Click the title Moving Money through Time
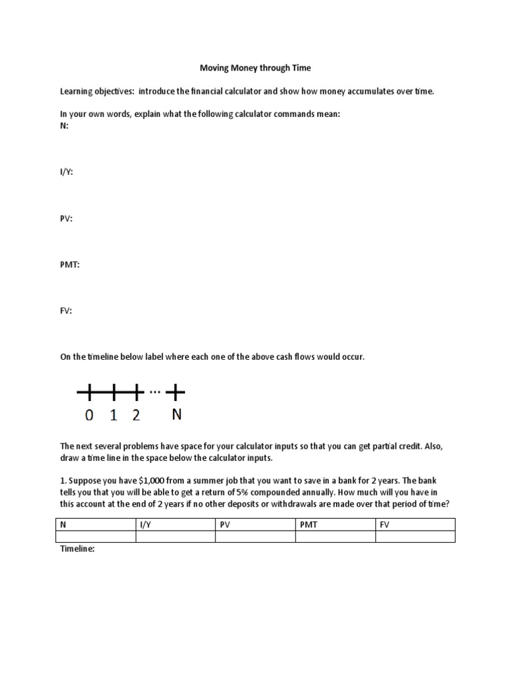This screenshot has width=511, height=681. (x=255, y=68)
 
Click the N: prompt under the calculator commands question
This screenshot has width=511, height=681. (x=65, y=125)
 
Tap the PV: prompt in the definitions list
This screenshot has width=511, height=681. (x=67, y=218)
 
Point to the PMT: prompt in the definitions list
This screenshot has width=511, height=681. (x=70, y=264)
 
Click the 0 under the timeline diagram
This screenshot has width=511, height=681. (x=89, y=416)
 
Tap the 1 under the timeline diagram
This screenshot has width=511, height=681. (x=113, y=416)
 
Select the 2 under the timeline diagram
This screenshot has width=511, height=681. (x=136, y=416)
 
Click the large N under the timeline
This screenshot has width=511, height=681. (x=177, y=415)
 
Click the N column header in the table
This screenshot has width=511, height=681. (x=64, y=525)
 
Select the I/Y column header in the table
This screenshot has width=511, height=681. (x=146, y=525)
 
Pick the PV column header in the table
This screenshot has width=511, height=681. (x=225, y=525)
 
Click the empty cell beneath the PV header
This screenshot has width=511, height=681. (x=255, y=537)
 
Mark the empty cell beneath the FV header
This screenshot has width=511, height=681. (x=415, y=537)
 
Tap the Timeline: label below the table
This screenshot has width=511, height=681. (x=79, y=549)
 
